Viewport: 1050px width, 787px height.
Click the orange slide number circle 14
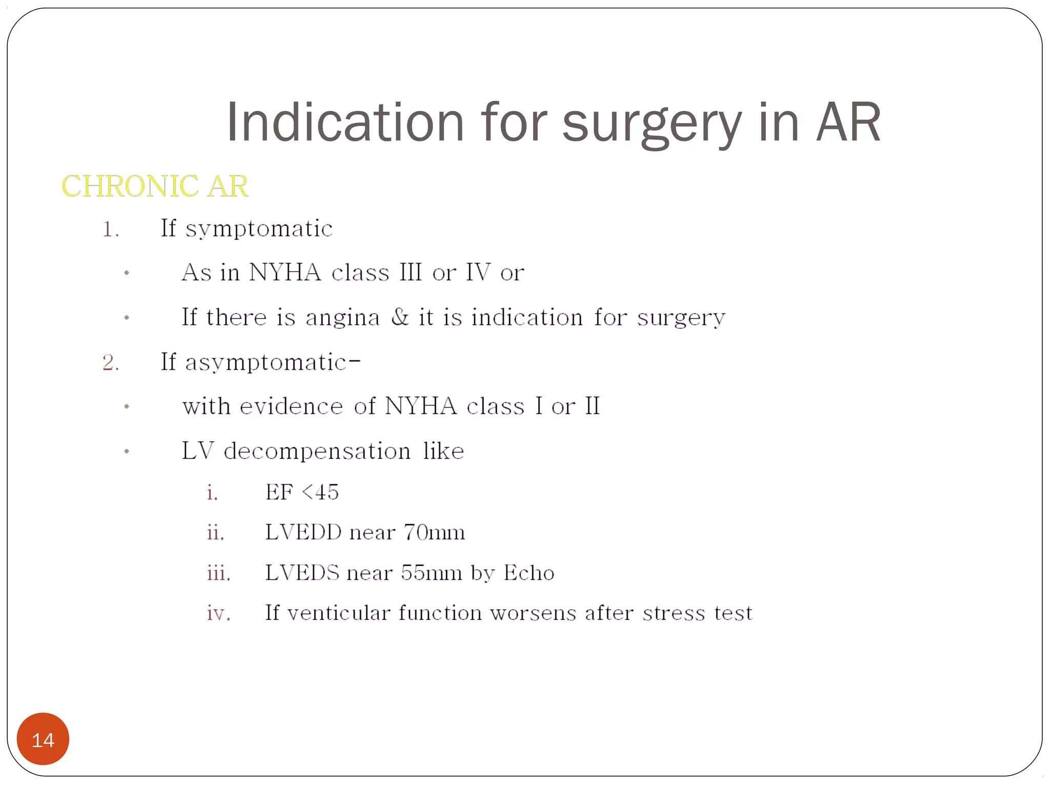coord(43,739)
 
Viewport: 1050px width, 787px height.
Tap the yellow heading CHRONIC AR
coord(155,186)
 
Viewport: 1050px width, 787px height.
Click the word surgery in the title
coord(652,123)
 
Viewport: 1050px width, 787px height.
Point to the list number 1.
coord(110,229)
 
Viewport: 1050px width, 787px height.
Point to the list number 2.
coord(111,363)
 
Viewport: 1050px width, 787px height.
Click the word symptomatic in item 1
coord(259,229)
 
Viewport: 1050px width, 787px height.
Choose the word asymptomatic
coord(266,363)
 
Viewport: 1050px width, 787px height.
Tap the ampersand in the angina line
coord(400,317)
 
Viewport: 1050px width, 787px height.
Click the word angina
coord(342,318)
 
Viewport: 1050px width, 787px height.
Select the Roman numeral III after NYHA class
coord(411,272)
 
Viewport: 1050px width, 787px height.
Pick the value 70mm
coord(434,532)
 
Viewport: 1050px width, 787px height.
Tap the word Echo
coord(529,573)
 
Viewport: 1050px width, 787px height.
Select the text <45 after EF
coord(320,492)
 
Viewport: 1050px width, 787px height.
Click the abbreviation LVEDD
coord(303,532)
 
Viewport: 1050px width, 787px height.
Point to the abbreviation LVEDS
coord(302,573)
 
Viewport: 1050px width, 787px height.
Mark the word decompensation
coord(317,451)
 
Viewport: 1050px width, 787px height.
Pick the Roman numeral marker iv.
coord(218,613)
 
